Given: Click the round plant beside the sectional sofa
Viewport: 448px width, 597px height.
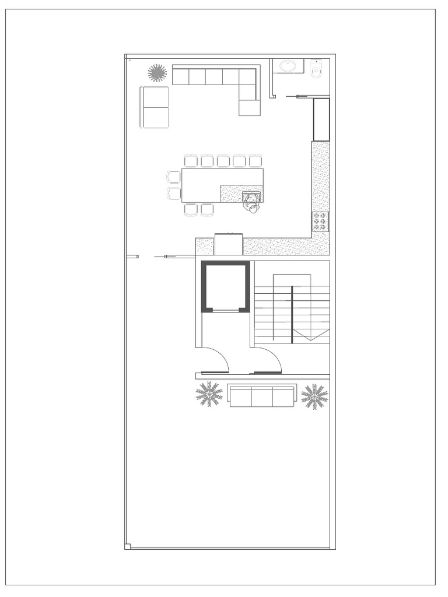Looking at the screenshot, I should click(x=157, y=73).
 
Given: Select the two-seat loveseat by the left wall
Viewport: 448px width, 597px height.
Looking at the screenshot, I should click(x=155, y=107).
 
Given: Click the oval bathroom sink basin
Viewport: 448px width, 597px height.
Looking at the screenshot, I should click(x=288, y=66).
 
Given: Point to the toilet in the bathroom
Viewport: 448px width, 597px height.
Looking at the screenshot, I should click(x=317, y=70).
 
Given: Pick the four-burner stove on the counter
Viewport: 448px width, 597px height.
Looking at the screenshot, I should click(x=320, y=222).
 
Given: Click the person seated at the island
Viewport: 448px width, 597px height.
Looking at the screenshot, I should click(x=252, y=202).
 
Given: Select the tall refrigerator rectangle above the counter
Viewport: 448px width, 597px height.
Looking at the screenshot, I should click(x=321, y=120).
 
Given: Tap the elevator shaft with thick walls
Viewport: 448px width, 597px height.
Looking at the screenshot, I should click(x=226, y=287).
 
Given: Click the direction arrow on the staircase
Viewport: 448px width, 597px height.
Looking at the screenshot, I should click(x=311, y=334).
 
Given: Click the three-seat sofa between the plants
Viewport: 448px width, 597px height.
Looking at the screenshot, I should click(x=261, y=396).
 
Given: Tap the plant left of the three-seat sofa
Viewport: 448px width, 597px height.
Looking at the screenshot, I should click(x=209, y=394).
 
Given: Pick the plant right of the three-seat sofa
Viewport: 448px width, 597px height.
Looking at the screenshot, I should click(x=314, y=396).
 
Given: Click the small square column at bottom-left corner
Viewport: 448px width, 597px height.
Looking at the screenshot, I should click(x=128, y=546).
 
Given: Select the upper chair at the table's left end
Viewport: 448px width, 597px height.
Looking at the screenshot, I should click(x=174, y=177).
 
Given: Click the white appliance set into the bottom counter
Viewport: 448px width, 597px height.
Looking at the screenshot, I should click(x=228, y=244).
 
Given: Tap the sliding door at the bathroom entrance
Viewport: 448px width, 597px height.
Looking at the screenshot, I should click(x=309, y=96).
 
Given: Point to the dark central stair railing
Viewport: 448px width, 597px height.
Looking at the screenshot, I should click(x=292, y=314).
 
